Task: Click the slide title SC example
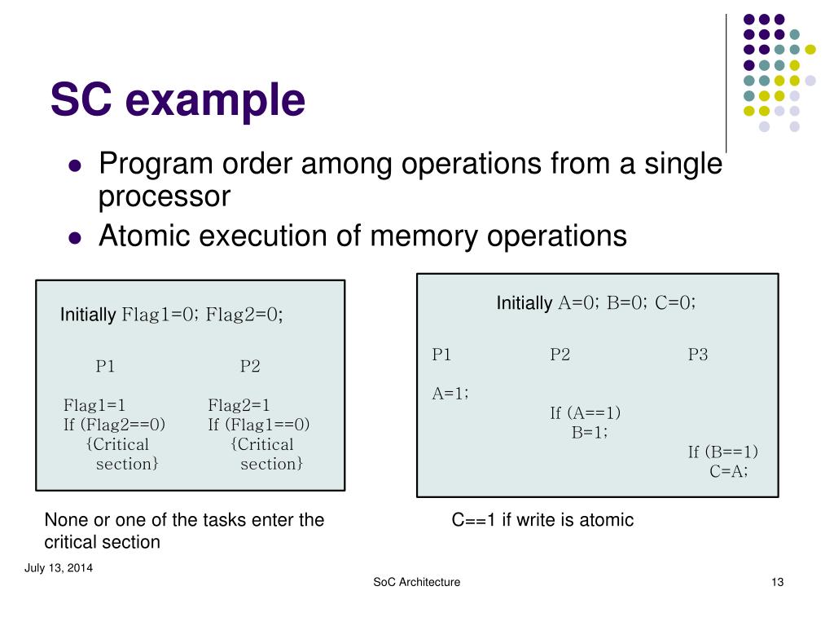(178, 100)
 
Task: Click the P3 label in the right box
(698, 355)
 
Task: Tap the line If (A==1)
(585, 413)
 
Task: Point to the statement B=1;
(590, 433)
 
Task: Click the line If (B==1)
(723, 452)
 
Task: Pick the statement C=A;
(729, 471)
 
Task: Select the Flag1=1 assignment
(94, 405)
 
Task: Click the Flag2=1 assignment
(239, 405)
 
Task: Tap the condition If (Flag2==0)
(114, 425)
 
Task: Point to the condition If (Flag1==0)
(259, 425)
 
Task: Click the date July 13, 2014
(58, 568)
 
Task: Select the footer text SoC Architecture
(416, 582)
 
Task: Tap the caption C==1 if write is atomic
(542, 520)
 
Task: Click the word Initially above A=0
(525, 303)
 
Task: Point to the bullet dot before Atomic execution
(76, 237)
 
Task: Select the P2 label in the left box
(250, 366)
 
